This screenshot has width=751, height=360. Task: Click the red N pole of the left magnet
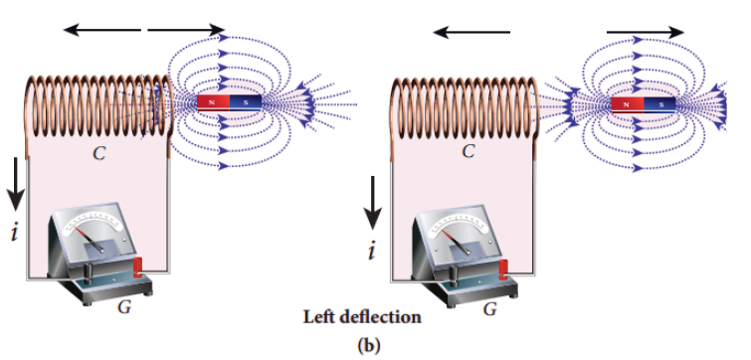(214, 102)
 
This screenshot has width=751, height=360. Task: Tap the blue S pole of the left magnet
(246, 102)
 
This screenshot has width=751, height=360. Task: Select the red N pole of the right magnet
(628, 104)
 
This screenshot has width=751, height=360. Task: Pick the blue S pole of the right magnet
(659, 104)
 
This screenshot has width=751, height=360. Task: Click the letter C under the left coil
(99, 153)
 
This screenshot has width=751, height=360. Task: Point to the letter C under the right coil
(469, 151)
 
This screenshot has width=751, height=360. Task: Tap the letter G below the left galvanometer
(124, 307)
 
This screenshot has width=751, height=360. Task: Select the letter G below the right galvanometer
(489, 309)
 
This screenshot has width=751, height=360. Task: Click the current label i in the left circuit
(15, 232)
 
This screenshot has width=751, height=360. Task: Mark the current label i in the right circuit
(372, 251)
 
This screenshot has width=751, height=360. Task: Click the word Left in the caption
(317, 317)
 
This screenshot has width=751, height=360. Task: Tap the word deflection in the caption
(379, 317)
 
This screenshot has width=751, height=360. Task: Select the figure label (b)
(368, 345)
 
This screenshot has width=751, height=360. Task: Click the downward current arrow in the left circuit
(15, 184)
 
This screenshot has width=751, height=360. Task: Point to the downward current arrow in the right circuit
(372, 203)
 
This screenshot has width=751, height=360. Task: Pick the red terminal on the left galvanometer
(138, 268)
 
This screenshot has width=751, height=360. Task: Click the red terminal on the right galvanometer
(503, 270)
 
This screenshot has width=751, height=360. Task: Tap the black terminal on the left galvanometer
(90, 270)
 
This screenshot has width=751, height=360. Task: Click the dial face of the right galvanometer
(457, 224)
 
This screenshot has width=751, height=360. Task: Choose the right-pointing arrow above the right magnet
(646, 32)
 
